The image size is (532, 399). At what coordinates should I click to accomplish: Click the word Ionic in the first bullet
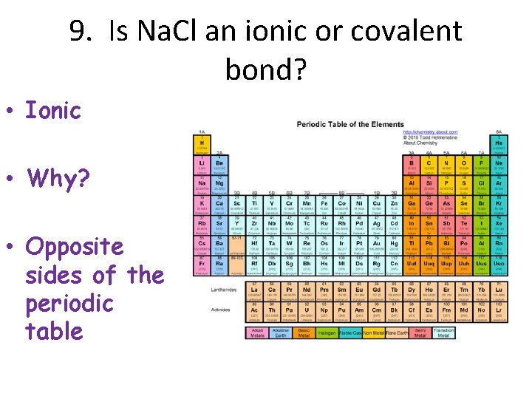click(x=52, y=111)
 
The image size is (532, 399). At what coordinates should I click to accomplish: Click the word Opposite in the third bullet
click(x=75, y=246)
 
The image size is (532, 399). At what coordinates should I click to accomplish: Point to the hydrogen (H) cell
click(x=201, y=143)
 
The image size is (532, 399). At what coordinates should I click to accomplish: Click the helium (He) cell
click(x=500, y=143)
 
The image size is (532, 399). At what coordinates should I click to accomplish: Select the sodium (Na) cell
click(x=201, y=183)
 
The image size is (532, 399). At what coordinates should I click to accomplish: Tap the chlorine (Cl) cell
click(x=482, y=183)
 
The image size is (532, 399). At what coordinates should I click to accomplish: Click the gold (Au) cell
click(x=378, y=242)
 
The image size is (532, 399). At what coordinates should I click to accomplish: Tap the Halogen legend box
click(x=327, y=332)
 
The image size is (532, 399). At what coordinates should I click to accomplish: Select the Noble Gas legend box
click(x=351, y=332)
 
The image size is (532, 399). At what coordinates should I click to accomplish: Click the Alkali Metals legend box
click(x=257, y=332)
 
